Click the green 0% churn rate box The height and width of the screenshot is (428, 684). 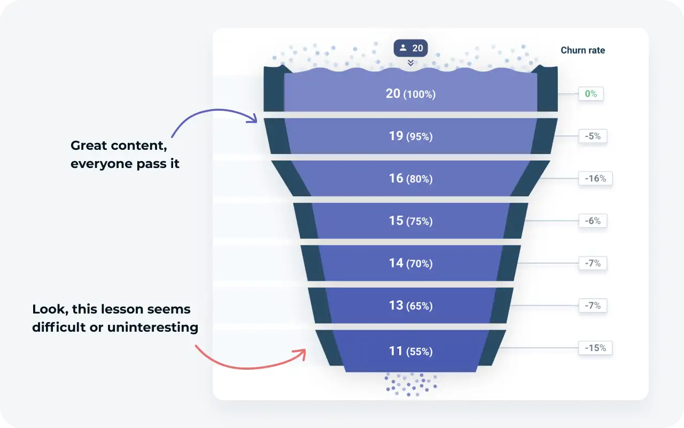point(590,94)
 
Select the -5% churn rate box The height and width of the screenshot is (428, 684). point(593,136)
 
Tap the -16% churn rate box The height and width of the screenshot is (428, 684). point(595,179)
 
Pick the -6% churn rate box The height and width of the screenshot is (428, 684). point(593,221)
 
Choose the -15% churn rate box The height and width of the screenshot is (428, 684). point(595,348)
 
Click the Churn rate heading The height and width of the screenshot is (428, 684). point(582,50)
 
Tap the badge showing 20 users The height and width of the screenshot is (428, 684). point(410,48)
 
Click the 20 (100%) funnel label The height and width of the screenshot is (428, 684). point(410,94)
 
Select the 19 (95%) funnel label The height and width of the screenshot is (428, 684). point(410,136)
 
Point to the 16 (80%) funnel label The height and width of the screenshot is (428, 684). point(410,178)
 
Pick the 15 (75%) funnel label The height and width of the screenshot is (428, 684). point(410,220)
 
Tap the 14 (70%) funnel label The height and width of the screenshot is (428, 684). point(410,263)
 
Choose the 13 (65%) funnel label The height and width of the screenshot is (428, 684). point(410,305)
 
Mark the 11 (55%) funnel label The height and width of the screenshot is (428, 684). point(410,351)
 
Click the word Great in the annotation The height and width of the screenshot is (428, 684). point(88,146)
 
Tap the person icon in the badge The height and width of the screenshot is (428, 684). point(403,48)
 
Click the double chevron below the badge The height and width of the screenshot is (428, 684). point(410,63)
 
